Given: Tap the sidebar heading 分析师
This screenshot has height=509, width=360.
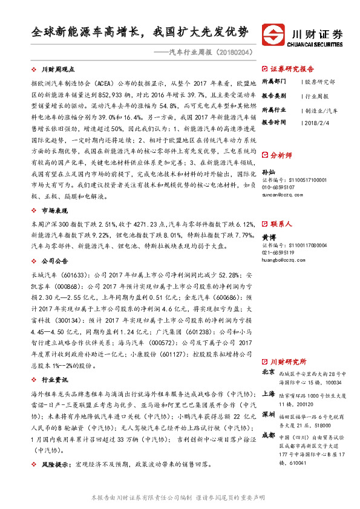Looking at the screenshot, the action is (281, 155).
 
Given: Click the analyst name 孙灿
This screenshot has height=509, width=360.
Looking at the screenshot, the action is (267, 172).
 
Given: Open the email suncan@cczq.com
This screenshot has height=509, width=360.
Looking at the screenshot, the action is (278, 195).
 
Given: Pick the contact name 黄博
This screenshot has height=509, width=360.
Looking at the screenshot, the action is (267, 238).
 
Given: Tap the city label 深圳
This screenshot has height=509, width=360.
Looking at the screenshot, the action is (269, 414).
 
